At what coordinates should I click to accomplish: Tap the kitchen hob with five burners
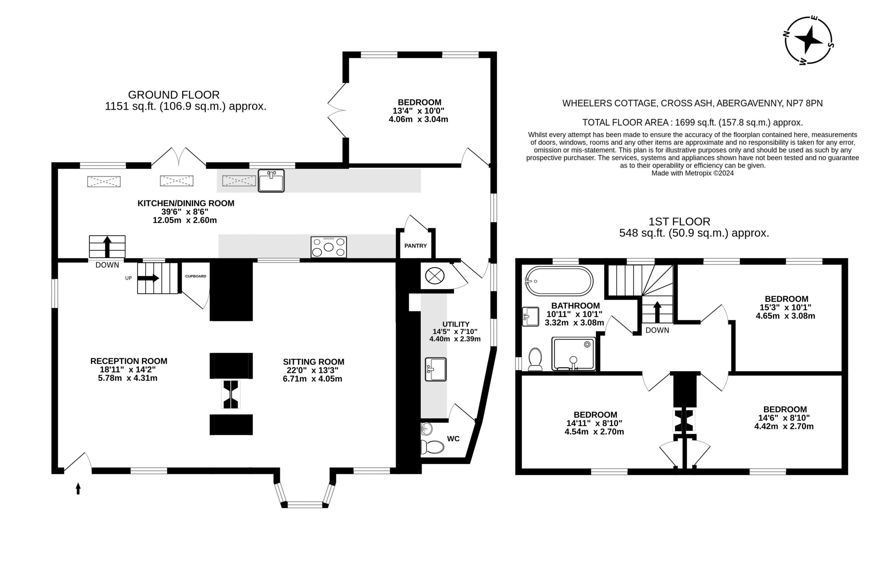click(329, 247)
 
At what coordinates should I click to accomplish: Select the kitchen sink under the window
click(271, 181)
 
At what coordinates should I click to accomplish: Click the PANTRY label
click(416, 246)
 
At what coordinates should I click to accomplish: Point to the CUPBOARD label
click(196, 277)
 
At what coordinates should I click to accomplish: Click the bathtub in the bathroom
click(559, 281)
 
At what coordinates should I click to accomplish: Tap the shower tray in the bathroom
click(573, 354)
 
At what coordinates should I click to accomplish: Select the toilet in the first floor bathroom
click(535, 359)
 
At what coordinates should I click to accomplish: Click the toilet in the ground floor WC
click(432, 447)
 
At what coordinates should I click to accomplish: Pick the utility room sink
click(435, 369)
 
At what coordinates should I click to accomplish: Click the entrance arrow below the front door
click(78, 488)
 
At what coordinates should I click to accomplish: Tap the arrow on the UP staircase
click(148, 278)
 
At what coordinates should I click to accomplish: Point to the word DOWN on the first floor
click(657, 330)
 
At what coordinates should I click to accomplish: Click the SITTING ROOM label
click(313, 362)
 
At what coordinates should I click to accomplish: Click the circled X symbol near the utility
click(434, 276)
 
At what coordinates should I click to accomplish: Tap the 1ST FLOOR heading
click(679, 222)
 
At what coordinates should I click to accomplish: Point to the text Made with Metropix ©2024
click(692, 173)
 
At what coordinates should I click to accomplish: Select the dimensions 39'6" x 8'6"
click(185, 212)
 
